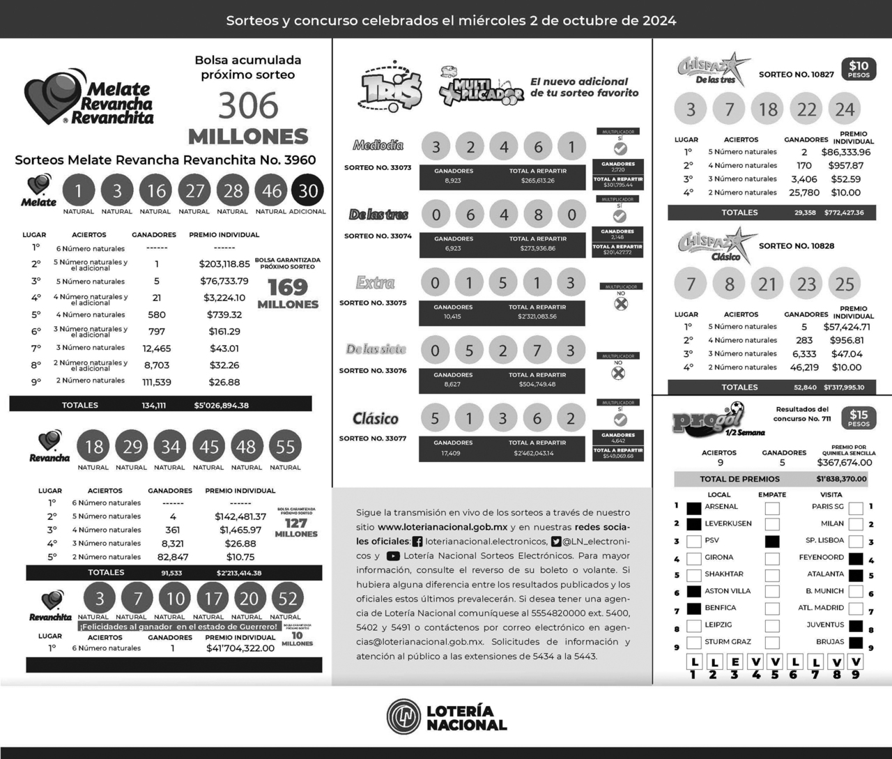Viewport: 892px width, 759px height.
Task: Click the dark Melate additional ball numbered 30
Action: pyautogui.click(x=308, y=191)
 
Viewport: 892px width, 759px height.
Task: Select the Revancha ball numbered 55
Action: pyautogui.click(x=285, y=447)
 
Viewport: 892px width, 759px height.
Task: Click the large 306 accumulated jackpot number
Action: pyautogui.click(x=248, y=106)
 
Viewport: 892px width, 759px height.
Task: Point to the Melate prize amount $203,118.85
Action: pyautogui.click(x=224, y=264)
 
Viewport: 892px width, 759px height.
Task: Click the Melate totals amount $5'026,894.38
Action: pyautogui.click(x=221, y=405)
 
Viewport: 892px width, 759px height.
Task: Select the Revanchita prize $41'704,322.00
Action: pyautogui.click(x=240, y=648)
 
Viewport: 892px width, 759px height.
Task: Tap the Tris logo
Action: pyautogui.click(x=390, y=89)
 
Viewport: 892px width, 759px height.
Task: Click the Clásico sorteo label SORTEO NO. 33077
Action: pyautogui.click(x=372, y=438)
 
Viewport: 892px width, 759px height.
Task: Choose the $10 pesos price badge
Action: pyautogui.click(x=859, y=69)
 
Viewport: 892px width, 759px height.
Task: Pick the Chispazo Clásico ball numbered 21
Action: pyautogui.click(x=767, y=284)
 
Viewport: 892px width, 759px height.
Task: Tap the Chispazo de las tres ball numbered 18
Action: pyautogui.click(x=768, y=109)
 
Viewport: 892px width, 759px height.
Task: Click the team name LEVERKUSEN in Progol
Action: pyautogui.click(x=728, y=523)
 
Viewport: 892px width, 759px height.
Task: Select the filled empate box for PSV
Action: pyautogui.click(x=772, y=541)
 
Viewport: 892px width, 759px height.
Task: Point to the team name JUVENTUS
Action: pyautogui.click(x=825, y=625)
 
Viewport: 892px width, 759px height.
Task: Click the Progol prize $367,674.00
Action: pyautogui.click(x=844, y=462)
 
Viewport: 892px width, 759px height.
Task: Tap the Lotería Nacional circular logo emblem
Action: pyautogui.click(x=404, y=716)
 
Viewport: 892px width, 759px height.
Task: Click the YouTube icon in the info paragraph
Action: pyautogui.click(x=393, y=556)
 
